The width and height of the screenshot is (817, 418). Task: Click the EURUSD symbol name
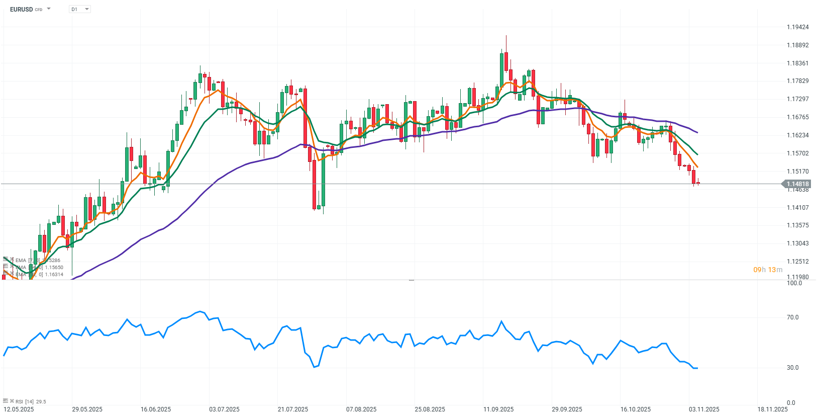click(x=21, y=10)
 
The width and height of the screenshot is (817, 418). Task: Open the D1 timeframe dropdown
click(x=80, y=10)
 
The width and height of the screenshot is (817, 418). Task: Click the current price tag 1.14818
click(x=798, y=184)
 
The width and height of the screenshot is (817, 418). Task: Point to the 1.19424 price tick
click(x=798, y=27)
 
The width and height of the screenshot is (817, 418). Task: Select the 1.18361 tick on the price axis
click(x=798, y=63)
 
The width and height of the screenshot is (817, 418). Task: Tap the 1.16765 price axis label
click(x=798, y=117)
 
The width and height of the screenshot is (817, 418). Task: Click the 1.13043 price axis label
click(x=798, y=243)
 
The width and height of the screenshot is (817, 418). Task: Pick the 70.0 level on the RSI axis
click(x=792, y=317)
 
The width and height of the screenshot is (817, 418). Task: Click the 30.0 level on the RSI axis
click(x=792, y=368)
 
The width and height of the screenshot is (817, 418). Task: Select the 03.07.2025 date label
click(x=224, y=409)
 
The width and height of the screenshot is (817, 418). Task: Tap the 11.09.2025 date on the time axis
click(x=498, y=409)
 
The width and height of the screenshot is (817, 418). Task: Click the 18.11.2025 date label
click(x=773, y=409)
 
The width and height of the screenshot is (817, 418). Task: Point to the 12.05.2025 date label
click(x=19, y=409)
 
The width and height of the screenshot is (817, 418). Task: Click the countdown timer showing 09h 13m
click(x=768, y=270)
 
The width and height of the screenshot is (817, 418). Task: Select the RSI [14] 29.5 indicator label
click(x=31, y=402)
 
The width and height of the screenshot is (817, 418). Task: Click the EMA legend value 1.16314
click(x=54, y=275)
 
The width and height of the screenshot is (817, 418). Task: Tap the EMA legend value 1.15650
click(x=54, y=268)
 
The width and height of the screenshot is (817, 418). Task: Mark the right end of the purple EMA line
click(x=697, y=133)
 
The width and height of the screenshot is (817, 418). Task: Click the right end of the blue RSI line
click(x=697, y=368)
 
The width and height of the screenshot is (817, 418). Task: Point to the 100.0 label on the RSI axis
click(x=794, y=283)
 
